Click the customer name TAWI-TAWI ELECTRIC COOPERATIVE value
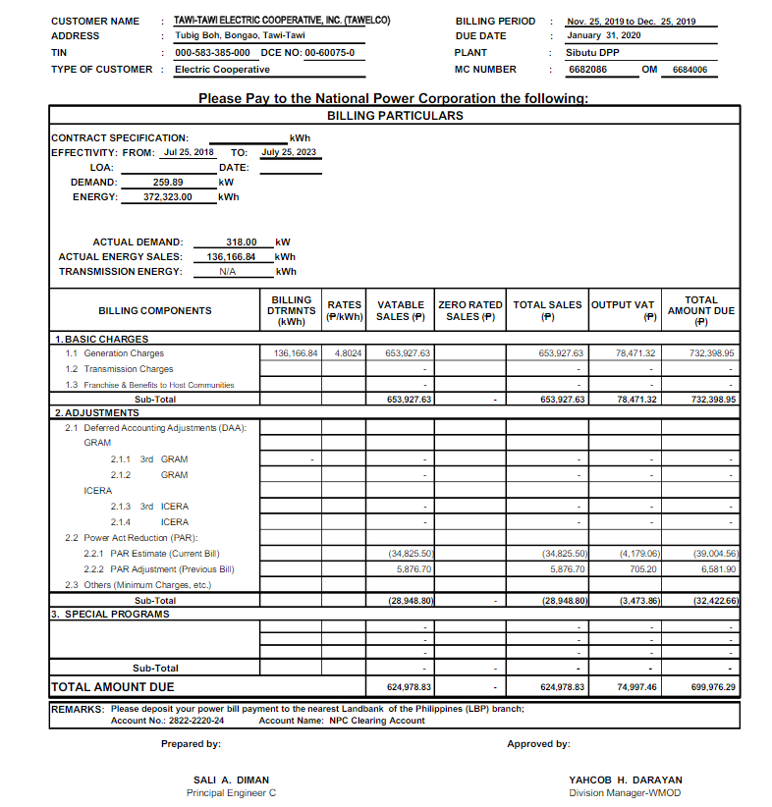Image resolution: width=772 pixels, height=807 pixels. click(x=281, y=21)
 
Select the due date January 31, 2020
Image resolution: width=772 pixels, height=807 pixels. click(x=603, y=35)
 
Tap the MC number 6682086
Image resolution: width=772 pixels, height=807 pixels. click(x=587, y=70)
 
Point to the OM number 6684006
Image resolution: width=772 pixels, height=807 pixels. click(x=689, y=70)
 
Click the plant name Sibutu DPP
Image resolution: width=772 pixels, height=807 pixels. click(x=592, y=53)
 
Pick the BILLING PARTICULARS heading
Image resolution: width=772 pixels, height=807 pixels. click(x=394, y=115)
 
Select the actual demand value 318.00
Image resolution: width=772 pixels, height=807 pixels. click(x=241, y=242)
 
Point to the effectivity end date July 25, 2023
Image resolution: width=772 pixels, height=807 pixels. click(x=289, y=153)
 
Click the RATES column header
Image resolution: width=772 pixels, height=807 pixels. click(x=345, y=311)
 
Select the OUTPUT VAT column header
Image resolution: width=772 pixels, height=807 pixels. click(x=623, y=310)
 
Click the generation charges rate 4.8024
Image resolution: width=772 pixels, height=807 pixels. click(x=347, y=353)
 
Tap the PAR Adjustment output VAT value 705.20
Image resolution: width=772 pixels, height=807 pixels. click(x=643, y=569)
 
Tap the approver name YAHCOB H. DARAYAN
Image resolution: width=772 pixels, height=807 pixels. click(x=625, y=780)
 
